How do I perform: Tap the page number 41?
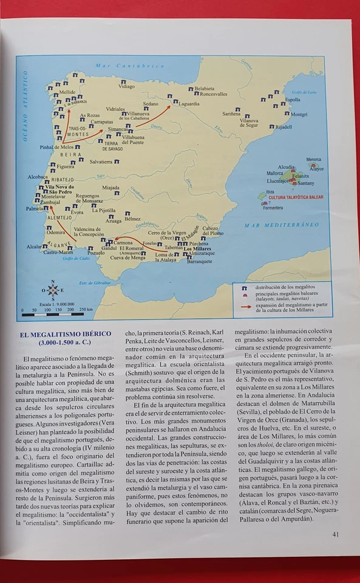pyautogui.click(x=335, y=534)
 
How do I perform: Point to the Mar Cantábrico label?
pyautogui.click(x=130, y=66)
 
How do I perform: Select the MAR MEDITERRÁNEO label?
pyautogui.click(x=281, y=225)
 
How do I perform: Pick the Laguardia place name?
pyautogui.click(x=189, y=104)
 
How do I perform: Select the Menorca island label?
pyautogui.click(x=314, y=159)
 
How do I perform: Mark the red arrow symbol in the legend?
pyautogui.click(x=245, y=307)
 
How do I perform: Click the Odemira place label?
pyautogui.click(x=56, y=232)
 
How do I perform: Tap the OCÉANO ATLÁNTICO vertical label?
pyautogui.click(x=26, y=106)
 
